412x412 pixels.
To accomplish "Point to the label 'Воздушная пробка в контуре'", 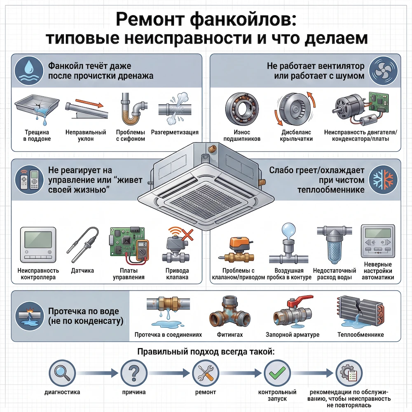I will pyautogui.click(x=289, y=274).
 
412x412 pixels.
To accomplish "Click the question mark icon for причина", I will pyautogui.click(x=133, y=372).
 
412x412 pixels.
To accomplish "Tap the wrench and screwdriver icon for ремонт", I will pyautogui.click(x=206, y=372).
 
